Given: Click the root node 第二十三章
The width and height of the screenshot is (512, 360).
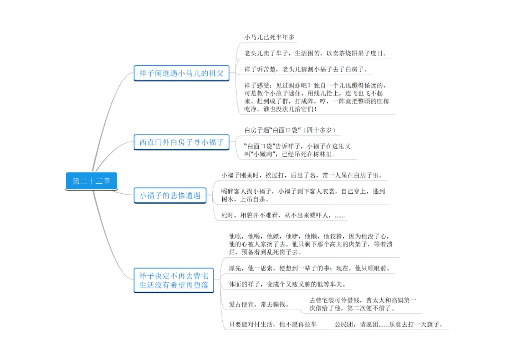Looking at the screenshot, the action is point(90,180).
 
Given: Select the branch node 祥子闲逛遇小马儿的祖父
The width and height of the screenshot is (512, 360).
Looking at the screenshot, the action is point(181,73).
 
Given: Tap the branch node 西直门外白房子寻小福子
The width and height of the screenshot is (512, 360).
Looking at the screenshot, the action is point(181,142).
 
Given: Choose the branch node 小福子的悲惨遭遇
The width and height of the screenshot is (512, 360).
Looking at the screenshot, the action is point(169,195).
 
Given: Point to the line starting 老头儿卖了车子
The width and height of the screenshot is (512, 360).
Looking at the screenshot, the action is point(315,53).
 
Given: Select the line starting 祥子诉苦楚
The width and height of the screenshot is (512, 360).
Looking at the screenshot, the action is point(306,69).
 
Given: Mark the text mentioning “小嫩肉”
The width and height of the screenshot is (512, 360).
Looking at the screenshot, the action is point(297,150).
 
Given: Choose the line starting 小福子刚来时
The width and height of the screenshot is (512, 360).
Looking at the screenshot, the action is point(302,175).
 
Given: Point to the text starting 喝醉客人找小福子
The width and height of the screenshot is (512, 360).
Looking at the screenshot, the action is point(303,195).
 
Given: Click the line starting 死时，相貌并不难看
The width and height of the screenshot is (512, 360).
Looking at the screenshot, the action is point(283,216).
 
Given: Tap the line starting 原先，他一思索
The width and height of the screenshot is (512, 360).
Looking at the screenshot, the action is point(310,268).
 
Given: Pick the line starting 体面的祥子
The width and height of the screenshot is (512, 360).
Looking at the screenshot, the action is point(287,284).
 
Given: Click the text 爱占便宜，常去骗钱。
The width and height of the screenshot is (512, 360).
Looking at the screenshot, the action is point(259,304).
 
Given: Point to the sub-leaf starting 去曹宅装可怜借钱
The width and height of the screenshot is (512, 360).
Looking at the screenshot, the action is point(363,304).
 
